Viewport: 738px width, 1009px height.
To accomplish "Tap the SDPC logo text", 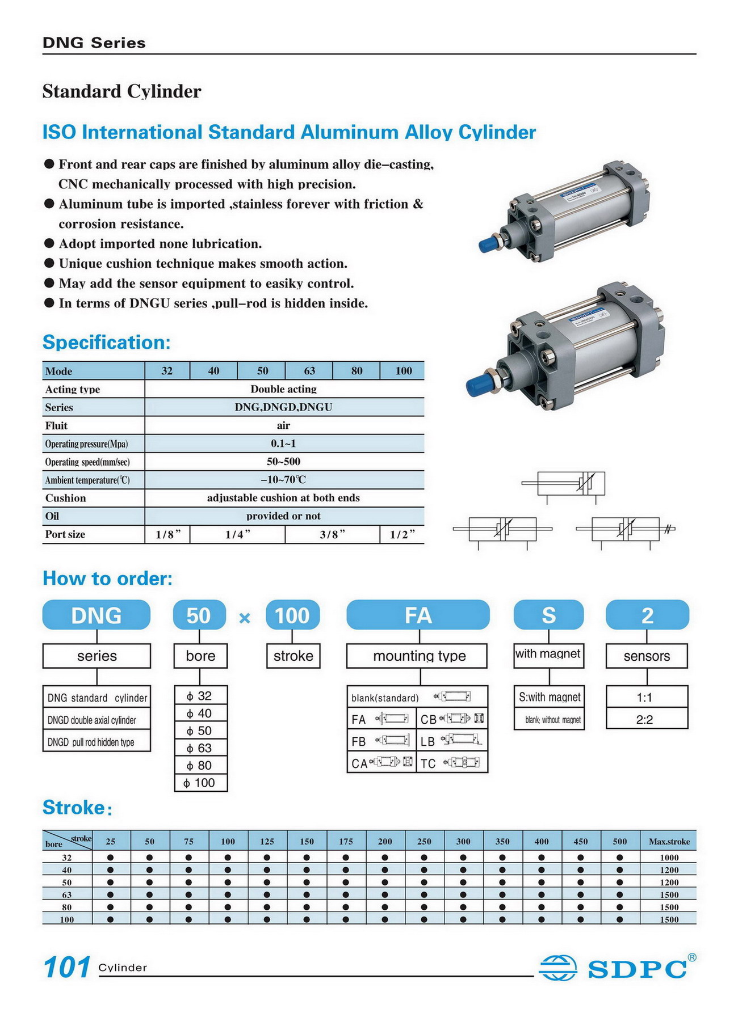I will [637, 969].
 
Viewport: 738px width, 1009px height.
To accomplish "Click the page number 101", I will [66, 967].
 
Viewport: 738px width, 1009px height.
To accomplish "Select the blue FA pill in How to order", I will [418, 615].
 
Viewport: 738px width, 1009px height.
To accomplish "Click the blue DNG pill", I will [97, 615].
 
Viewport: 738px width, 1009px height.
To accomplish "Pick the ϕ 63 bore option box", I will [200, 748].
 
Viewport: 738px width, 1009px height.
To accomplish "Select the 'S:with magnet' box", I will [549, 697].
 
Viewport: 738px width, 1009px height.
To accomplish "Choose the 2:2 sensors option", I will [646, 720].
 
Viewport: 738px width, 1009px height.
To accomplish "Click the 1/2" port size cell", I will [402, 534].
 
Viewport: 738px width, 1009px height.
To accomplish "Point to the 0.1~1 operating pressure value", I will [283, 444].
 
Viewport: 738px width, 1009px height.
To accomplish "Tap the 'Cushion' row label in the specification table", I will [66, 498].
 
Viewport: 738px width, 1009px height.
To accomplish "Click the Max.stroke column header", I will [669, 841].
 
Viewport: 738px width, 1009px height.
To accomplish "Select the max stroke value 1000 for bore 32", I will [669, 858].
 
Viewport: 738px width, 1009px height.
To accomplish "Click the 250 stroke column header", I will [424, 841].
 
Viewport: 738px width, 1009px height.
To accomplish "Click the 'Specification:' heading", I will [106, 343].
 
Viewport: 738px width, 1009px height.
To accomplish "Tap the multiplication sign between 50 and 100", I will [245, 618].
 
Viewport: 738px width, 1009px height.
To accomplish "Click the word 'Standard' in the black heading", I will [81, 91].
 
